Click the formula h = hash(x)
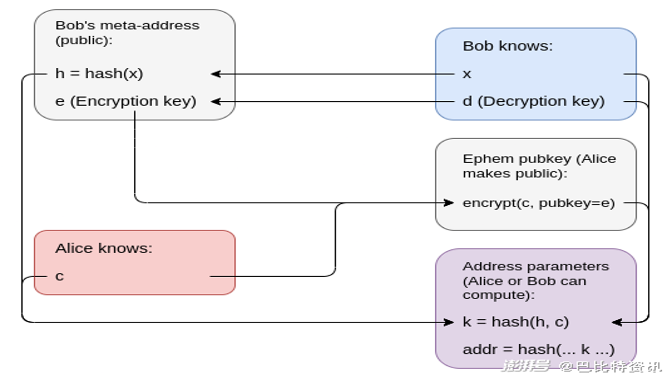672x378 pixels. coord(99,73)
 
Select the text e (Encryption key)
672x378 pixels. coord(125,101)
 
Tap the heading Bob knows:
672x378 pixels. coord(508,46)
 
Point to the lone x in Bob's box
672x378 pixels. coord(467,74)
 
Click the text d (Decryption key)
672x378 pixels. coord(534,101)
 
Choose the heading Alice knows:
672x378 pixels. coord(104,248)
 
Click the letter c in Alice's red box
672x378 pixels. coord(59,276)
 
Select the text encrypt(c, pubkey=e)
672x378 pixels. coord(539,203)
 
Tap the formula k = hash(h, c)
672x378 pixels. coord(516,322)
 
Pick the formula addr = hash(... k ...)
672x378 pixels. coord(539,350)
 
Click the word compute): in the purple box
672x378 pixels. coord(499,295)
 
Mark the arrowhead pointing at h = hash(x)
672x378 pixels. coord(216,74)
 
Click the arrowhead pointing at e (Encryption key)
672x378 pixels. coord(216,102)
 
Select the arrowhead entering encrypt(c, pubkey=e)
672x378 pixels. coord(448,203)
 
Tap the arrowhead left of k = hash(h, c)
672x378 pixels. coord(448,322)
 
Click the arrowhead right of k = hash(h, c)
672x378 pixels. coord(617,322)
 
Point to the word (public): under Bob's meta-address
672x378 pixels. coord(84,40)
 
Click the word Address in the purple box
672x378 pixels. coord(490,266)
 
